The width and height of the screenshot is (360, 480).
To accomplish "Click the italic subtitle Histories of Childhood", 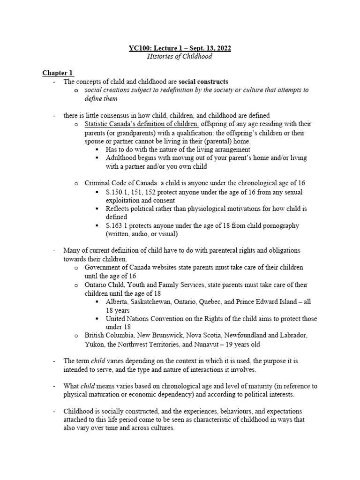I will (180, 57).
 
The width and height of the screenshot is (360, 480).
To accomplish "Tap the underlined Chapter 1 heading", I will (58, 73).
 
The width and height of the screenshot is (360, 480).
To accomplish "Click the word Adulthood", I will (123, 158).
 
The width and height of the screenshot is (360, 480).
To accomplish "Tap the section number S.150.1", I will (117, 192).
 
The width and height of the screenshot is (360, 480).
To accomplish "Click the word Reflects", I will (119, 209).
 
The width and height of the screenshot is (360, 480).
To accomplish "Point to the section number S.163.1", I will (117, 225).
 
